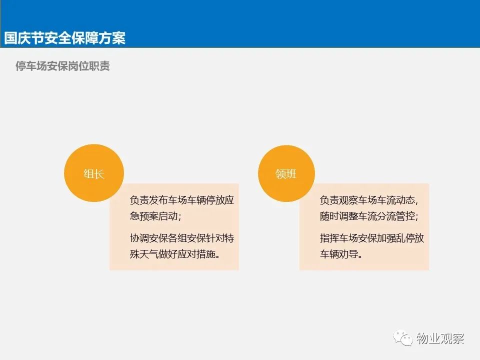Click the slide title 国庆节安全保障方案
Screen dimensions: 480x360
click(64, 38)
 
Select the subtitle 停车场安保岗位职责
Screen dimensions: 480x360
click(62, 66)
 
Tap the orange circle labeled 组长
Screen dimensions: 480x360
click(94, 173)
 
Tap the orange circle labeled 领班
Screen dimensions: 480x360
click(286, 173)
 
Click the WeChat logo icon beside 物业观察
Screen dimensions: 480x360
click(403, 338)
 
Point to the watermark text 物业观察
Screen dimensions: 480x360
click(440, 338)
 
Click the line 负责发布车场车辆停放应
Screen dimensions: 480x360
click(182, 200)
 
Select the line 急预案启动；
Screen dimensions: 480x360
click(155, 216)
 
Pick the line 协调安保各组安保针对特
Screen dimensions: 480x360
click(182, 238)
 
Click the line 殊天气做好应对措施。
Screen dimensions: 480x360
click(175, 254)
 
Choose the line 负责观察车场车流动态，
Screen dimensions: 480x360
click(369, 200)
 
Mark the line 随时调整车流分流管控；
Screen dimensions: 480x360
click(369, 216)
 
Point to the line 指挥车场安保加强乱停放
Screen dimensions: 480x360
click(372, 238)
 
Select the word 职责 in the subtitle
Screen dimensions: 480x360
click(99, 66)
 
